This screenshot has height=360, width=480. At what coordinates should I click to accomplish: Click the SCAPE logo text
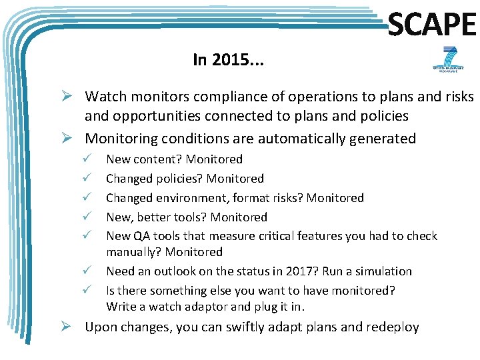431,25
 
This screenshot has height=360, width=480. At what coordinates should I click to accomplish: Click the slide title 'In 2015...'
228,60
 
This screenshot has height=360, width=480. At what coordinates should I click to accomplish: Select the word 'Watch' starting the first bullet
103,97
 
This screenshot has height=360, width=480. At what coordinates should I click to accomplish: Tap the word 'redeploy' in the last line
391,327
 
